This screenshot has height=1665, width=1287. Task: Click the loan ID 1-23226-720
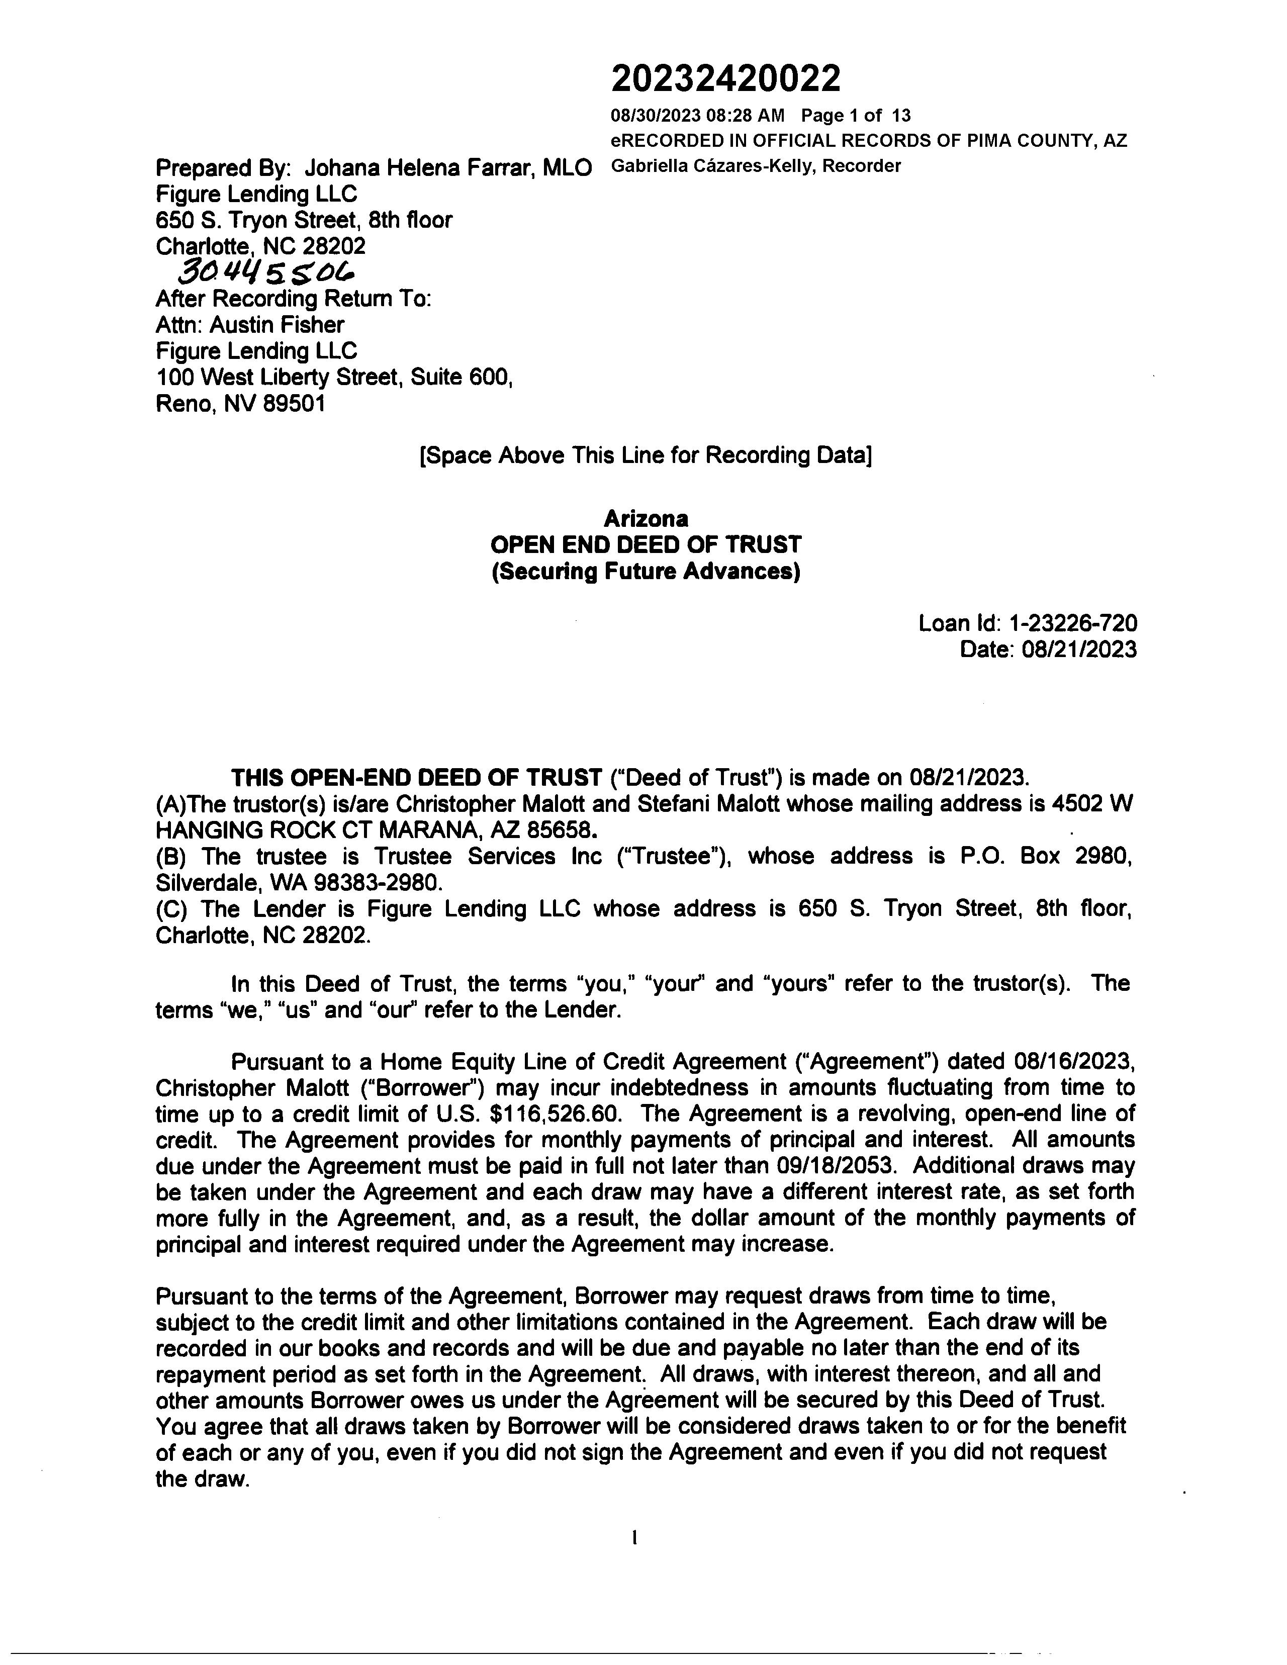[1072, 623]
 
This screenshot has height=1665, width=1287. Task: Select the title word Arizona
[646, 519]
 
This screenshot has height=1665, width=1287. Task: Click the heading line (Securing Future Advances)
[646, 571]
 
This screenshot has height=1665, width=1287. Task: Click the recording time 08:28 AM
[745, 116]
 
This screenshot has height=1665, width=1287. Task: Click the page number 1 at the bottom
[634, 1538]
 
